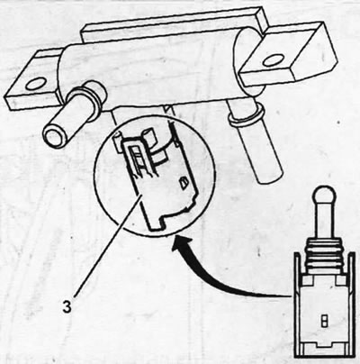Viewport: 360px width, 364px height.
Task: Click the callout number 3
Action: coord(67,307)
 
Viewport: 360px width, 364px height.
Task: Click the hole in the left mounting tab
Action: coord(36,85)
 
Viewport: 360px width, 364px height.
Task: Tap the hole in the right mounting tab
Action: coord(274,61)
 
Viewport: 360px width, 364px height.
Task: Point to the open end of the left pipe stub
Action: coord(55,135)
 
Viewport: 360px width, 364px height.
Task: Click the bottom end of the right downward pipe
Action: coord(270,176)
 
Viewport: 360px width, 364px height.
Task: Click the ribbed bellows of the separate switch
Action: coord(323,254)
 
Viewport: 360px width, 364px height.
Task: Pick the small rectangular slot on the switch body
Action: coord(324,321)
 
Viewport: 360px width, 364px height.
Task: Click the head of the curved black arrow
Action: coord(180,244)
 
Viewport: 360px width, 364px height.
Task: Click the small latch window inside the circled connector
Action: coord(183,182)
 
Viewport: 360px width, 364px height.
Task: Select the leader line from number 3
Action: coord(106,245)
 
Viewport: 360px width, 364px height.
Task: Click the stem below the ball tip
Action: coord(322,222)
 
